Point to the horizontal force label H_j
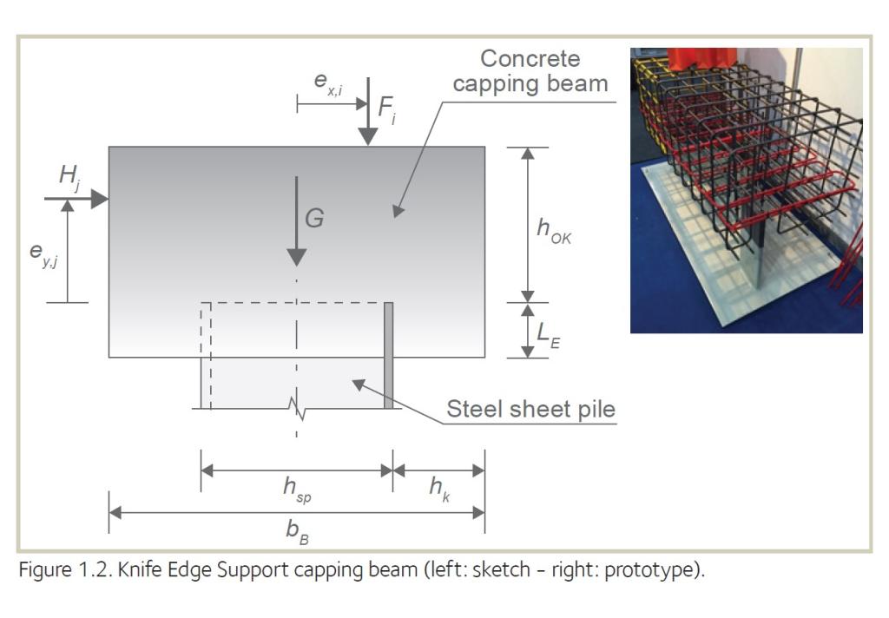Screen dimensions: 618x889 69,175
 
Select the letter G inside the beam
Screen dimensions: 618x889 314,218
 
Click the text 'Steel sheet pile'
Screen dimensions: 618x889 530,409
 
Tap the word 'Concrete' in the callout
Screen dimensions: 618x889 530,59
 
